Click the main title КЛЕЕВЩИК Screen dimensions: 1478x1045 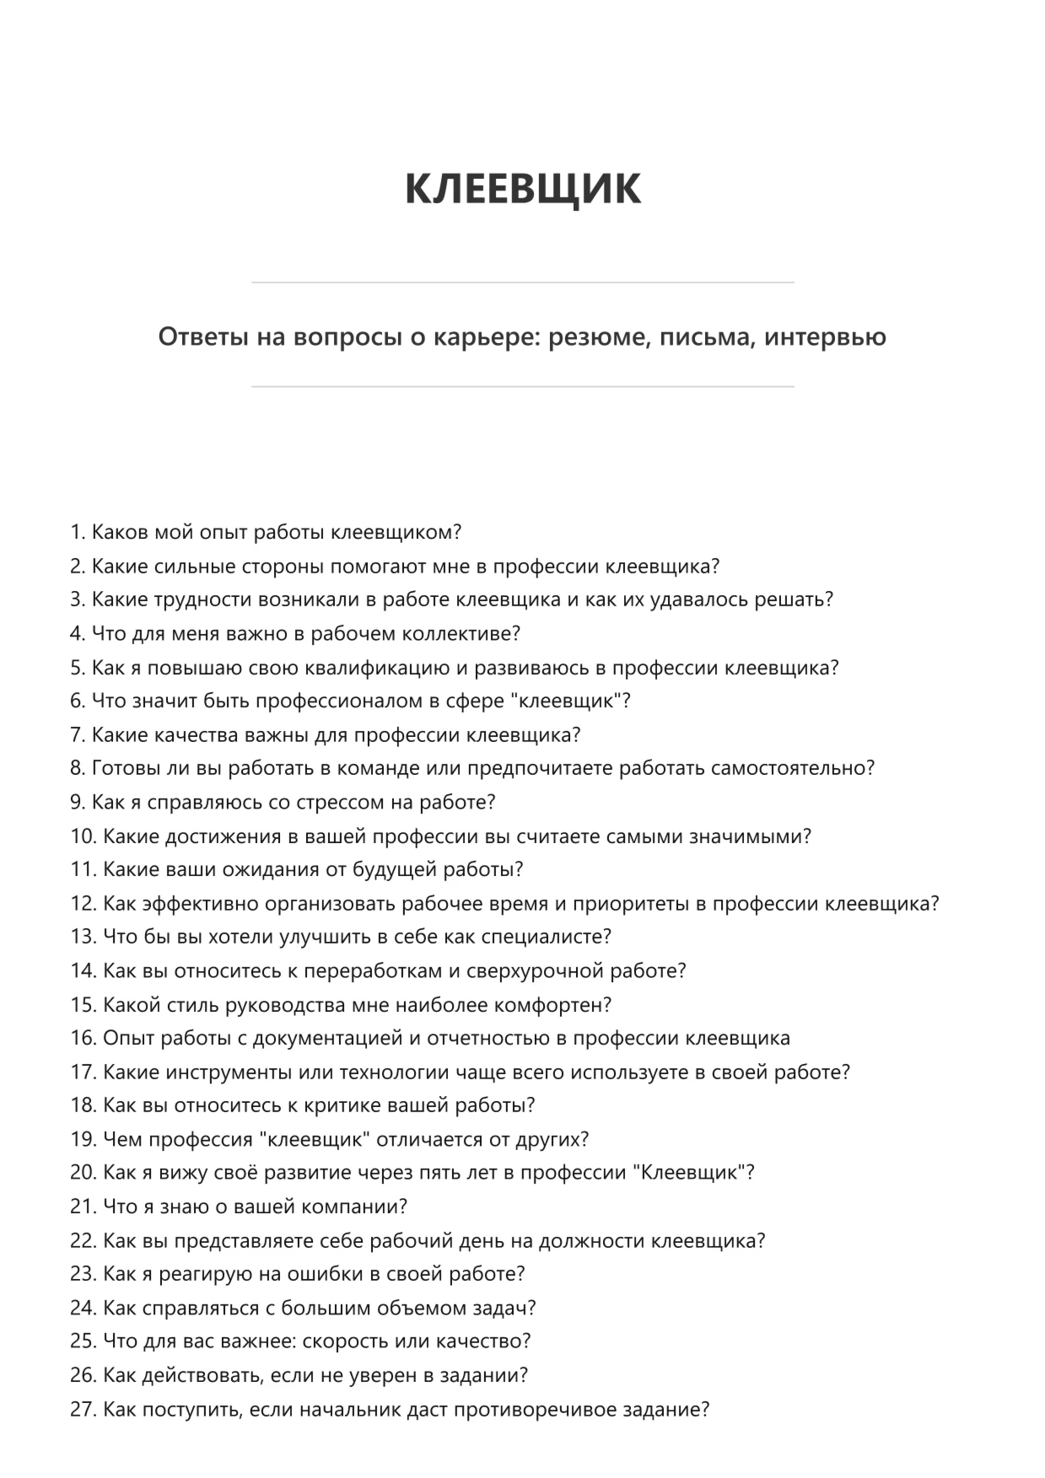pyautogui.click(x=522, y=189)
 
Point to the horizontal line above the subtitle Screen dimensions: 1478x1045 pyautogui.click(x=522, y=282)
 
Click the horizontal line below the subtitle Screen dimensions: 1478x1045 pyautogui.click(x=522, y=387)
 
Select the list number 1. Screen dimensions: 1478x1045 pyautogui.click(x=78, y=533)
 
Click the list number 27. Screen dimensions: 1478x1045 pyautogui.click(x=83, y=1410)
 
